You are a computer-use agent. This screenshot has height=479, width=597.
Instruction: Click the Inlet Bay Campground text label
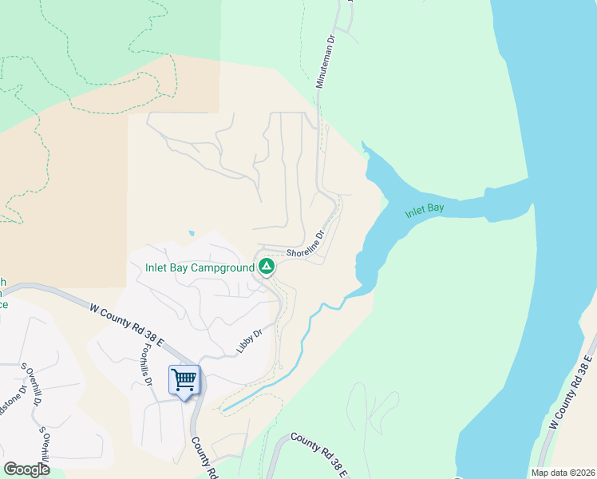(x=200, y=268)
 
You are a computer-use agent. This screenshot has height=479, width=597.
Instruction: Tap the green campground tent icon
(x=267, y=267)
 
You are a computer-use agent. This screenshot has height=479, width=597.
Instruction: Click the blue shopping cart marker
(x=184, y=380)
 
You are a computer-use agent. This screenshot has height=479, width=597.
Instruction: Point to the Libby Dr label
(x=249, y=342)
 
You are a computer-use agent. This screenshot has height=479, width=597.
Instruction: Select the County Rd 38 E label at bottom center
(x=318, y=456)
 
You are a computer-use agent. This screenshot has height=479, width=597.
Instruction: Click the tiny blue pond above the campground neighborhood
(x=191, y=234)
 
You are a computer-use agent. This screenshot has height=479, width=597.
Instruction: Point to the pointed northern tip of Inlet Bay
(x=363, y=144)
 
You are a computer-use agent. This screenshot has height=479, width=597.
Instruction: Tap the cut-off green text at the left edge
(x=4, y=293)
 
